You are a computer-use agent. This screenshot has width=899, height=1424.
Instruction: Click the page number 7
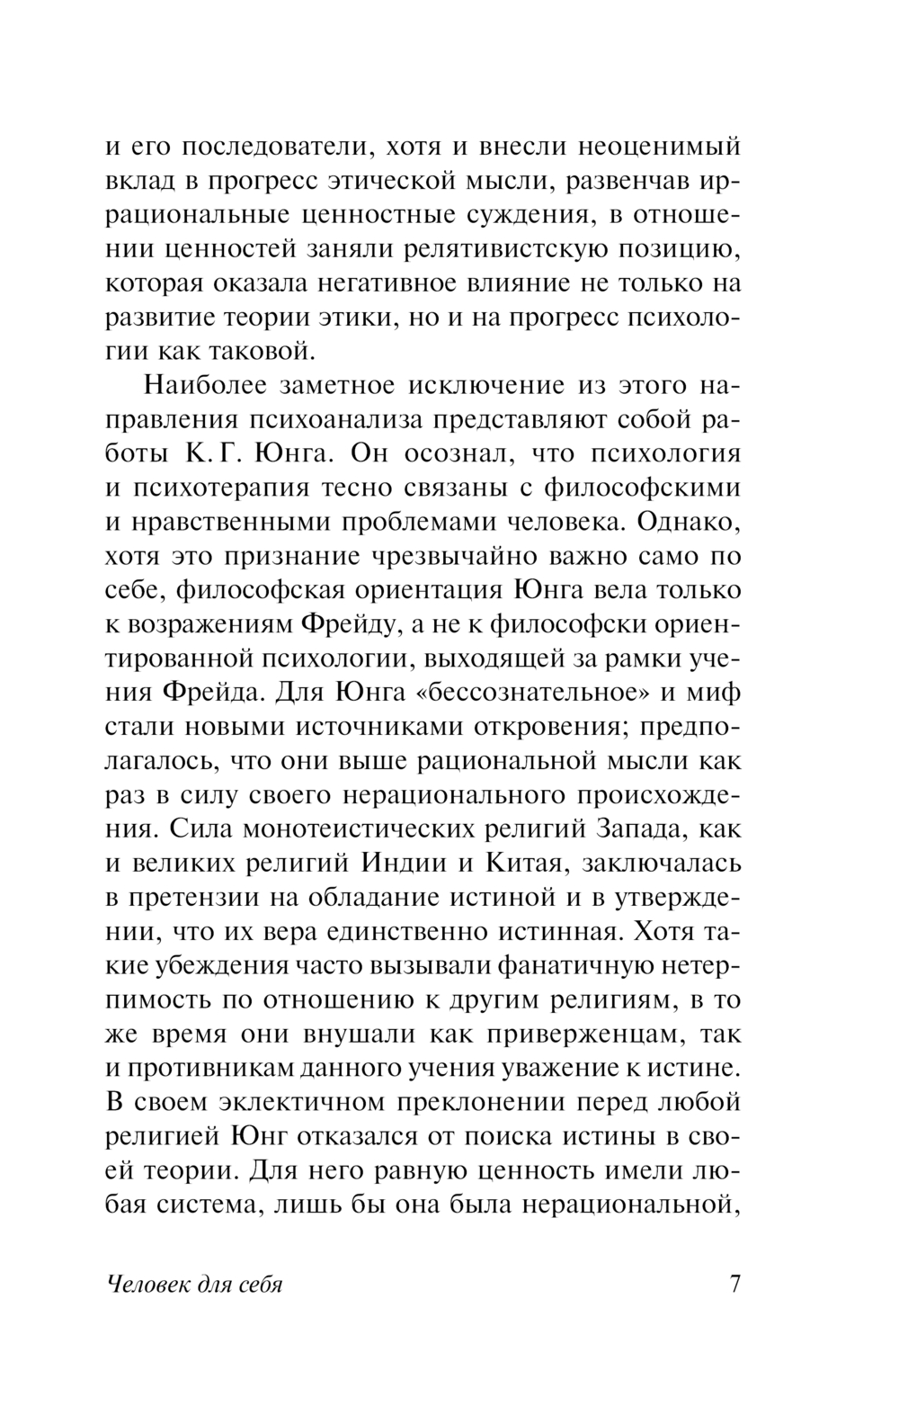(x=734, y=1284)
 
